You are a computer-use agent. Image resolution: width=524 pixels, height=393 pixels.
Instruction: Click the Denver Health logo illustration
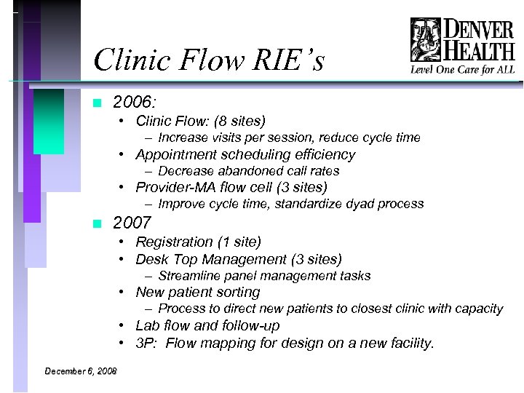coord(425,41)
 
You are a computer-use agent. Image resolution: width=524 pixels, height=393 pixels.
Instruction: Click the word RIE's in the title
coord(285,60)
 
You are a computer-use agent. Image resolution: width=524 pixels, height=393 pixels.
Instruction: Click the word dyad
coord(348,205)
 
